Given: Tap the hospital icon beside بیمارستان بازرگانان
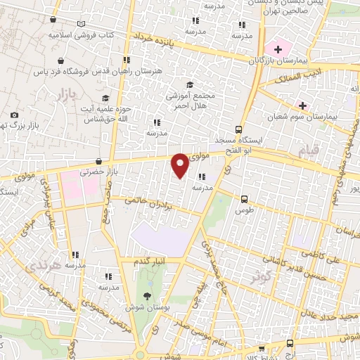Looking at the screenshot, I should (x=278, y=49).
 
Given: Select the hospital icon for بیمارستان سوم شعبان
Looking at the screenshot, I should (x=302, y=105).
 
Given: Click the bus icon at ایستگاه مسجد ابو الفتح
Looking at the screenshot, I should (x=238, y=130).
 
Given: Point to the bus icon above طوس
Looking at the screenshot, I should (x=244, y=199).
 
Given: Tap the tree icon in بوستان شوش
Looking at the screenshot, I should (x=146, y=295).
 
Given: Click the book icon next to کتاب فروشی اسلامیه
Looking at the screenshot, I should (x=84, y=34).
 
